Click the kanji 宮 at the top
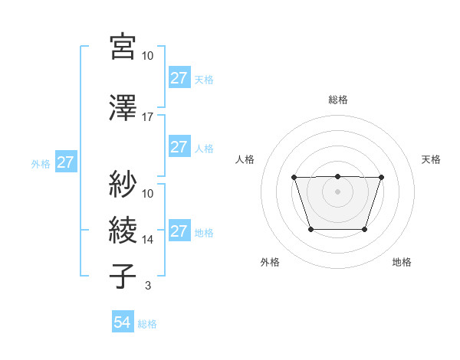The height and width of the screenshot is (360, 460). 123,47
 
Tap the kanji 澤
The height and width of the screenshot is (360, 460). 123,109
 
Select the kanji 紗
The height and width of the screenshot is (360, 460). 123,185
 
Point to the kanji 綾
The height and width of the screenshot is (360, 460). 123,231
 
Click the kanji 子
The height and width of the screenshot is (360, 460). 123,277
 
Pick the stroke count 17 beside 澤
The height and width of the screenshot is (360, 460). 147,117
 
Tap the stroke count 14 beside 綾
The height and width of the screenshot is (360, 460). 147,239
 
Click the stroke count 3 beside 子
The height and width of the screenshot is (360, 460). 147,286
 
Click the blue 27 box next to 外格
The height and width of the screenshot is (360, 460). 66,162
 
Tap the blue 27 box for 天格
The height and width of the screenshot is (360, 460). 179,78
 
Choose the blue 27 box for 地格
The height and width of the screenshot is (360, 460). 179,231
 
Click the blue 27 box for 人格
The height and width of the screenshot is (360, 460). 179,147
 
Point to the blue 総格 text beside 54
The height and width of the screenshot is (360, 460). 147,324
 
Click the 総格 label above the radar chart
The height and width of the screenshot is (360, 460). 337,100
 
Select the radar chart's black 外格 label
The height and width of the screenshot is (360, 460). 270,262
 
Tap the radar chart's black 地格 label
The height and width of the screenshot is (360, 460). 402,262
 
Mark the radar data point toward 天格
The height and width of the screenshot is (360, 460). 381,178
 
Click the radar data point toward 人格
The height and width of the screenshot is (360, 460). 294,178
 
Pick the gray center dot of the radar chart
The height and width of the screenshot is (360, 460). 337,191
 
